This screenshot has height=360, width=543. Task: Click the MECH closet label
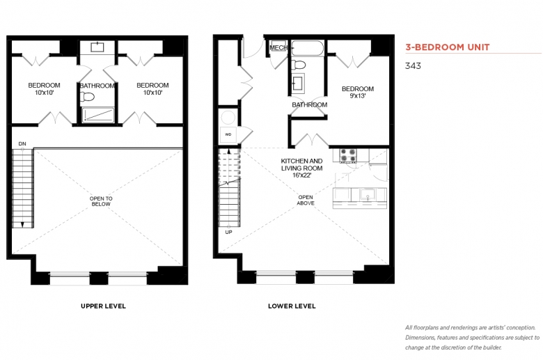[x=278, y=47]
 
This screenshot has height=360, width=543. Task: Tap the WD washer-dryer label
[x=228, y=134]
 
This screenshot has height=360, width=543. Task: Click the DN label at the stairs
[x=22, y=143]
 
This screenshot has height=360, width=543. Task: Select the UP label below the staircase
[x=228, y=232]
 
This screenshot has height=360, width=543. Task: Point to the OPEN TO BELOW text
[x=101, y=201]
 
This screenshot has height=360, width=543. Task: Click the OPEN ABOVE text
[x=306, y=200]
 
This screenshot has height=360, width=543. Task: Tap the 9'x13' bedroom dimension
[x=358, y=96]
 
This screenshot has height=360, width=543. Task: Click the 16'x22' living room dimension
[x=301, y=175]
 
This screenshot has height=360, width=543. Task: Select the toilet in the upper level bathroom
[x=88, y=97]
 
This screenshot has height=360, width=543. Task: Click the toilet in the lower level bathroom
[x=298, y=65]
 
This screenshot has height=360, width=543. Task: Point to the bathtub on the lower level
[x=308, y=48]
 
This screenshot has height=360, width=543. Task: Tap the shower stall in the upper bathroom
[x=98, y=115]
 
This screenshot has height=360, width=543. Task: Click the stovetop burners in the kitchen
[x=348, y=155]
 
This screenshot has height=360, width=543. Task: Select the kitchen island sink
[x=367, y=195]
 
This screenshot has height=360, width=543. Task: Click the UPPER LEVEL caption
[x=103, y=306]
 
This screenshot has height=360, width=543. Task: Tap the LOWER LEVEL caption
[x=292, y=306]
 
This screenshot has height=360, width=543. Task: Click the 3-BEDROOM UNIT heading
[x=448, y=47]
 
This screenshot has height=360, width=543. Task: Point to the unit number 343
[x=413, y=66]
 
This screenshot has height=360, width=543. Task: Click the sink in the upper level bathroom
[x=97, y=47]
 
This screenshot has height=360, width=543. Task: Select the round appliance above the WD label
[x=228, y=118]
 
